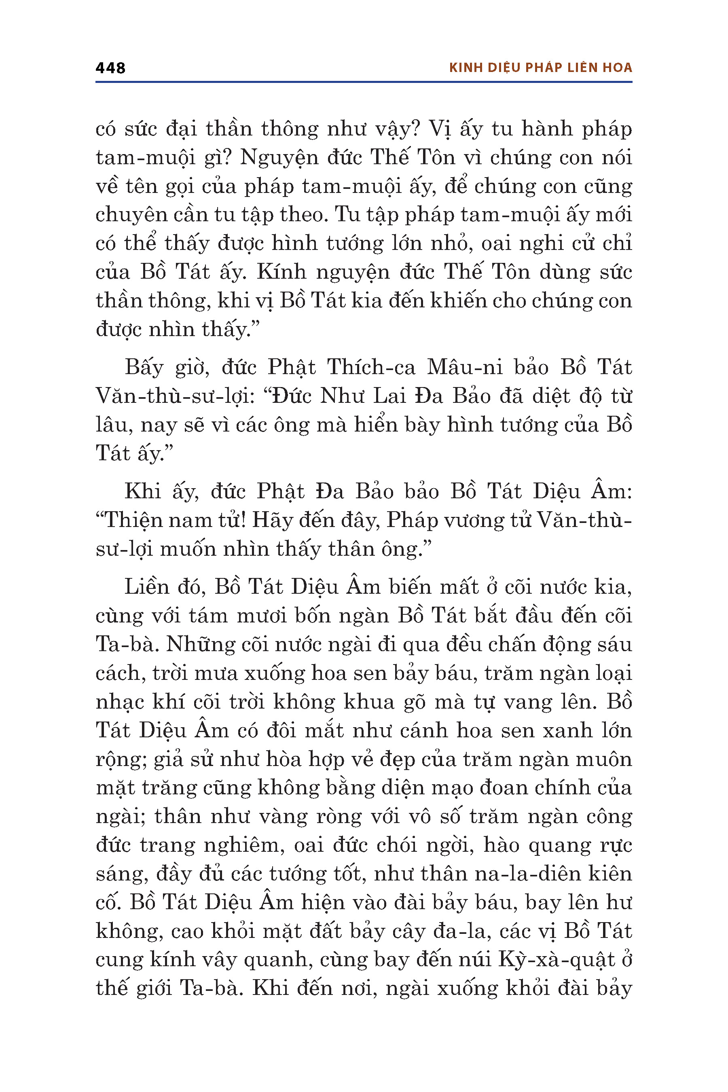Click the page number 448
[x=110, y=68]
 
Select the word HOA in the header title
[x=618, y=68]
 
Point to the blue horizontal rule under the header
[x=364, y=82]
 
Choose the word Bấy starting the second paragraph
[x=144, y=368]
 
